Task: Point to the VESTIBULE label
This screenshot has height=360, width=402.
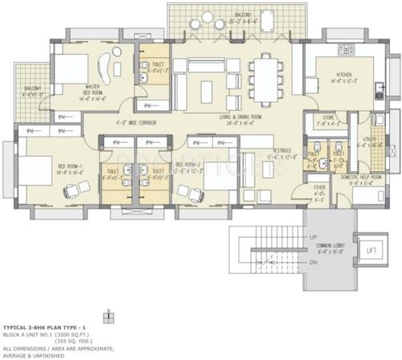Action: click(281, 152)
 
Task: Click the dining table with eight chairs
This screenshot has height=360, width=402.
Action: click(265, 76)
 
